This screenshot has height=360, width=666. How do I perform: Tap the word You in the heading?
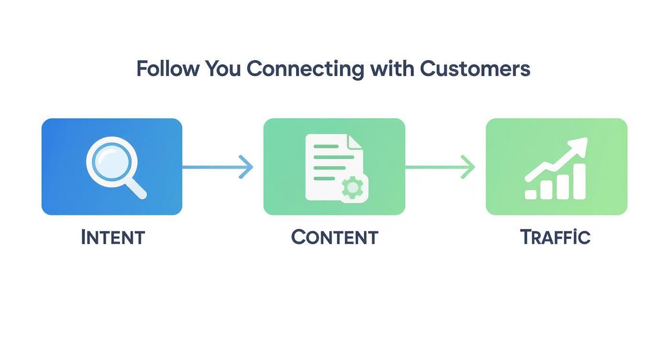(x=223, y=69)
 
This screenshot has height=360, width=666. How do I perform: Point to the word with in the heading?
(x=391, y=69)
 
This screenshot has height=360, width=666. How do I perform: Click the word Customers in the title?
(x=475, y=69)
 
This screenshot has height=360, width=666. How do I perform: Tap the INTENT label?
(x=113, y=237)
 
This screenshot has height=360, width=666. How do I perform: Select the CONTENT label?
(x=334, y=237)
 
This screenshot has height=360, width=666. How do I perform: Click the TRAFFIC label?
(x=555, y=237)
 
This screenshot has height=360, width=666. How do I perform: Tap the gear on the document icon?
(x=353, y=188)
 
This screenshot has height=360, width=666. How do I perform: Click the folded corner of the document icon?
(x=355, y=141)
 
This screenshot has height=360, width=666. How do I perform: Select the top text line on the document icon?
(x=326, y=146)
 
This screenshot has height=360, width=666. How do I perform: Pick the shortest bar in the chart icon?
(x=531, y=194)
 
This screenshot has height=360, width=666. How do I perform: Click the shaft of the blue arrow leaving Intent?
(x=211, y=167)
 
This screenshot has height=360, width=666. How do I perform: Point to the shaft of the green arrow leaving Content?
(x=433, y=167)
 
